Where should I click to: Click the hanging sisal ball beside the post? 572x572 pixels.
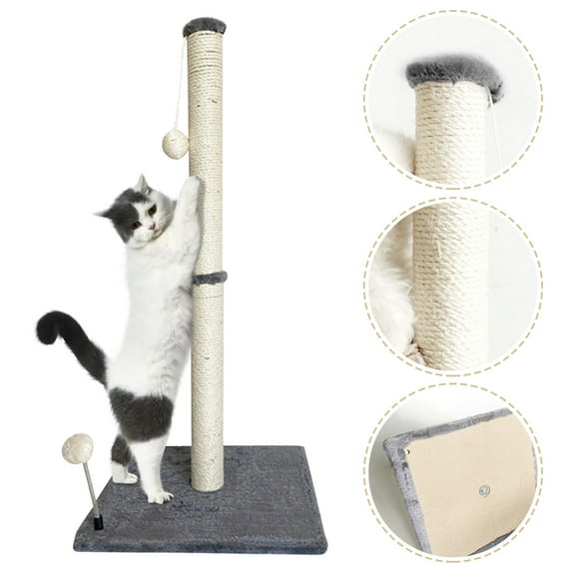click(x=176, y=144)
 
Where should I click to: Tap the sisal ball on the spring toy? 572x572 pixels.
click(x=77, y=449)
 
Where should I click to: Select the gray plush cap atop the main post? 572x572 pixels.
click(x=205, y=26)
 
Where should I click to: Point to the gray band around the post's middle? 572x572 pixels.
click(x=209, y=278)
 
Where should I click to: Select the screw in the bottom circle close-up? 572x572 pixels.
click(x=484, y=491)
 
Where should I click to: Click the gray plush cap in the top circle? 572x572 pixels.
click(x=454, y=74)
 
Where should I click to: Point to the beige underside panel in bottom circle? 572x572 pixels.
click(x=469, y=479)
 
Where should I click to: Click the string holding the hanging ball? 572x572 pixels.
click(x=181, y=90)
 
